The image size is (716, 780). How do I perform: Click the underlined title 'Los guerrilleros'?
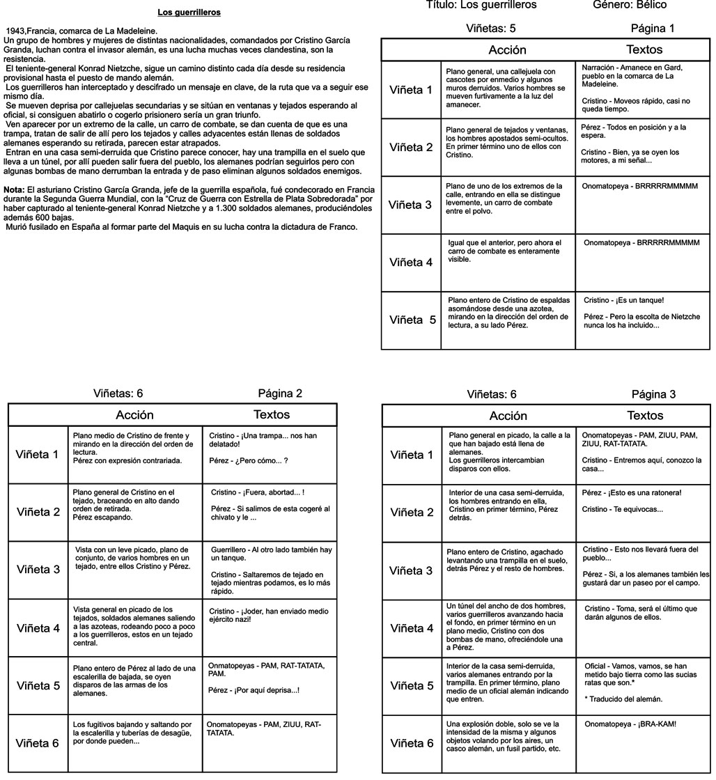tap(189, 13)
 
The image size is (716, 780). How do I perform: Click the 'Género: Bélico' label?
tap(629, 5)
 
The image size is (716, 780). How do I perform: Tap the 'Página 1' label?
tap(652, 29)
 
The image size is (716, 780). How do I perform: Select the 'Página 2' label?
tap(280, 393)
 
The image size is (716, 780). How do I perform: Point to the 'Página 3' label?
tap(653, 394)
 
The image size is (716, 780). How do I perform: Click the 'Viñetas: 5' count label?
tap(490, 29)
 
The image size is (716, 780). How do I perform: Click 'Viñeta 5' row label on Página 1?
tap(412, 320)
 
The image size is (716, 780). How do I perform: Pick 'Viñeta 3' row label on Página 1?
tap(410, 205)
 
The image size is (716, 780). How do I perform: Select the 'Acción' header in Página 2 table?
tap(134, 415)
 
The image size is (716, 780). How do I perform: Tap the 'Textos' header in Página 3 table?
tap(645, 416)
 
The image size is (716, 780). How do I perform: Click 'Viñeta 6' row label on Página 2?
tap(38, 742)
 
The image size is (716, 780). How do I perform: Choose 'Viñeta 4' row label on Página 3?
tap(412, 628)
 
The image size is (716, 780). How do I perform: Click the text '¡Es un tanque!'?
tap(634, 300)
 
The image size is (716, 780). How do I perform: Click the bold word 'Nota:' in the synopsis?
tap(14, 189)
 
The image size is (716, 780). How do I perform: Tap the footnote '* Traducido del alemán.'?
tap(624, 699)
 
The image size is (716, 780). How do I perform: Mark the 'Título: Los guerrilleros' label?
tap(481, 5)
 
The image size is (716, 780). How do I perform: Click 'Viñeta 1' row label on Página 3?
tap(412, 455)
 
